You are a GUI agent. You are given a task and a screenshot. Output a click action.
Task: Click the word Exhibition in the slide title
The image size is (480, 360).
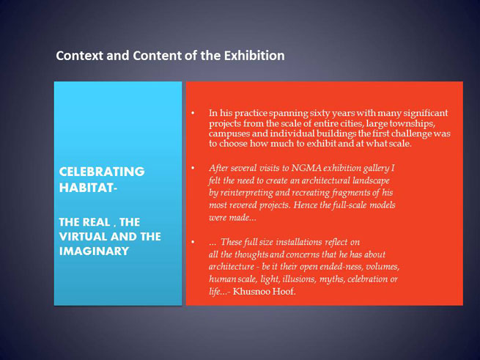click(254, 56)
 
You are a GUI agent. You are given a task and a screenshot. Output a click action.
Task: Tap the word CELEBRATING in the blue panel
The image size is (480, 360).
click(102, 172)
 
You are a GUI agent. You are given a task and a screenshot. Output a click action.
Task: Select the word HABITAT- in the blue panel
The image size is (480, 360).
click(88, 188)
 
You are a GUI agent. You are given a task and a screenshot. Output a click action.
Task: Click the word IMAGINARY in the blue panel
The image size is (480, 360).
click(94, 251)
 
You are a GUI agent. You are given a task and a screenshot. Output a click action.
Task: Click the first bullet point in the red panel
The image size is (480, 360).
click(193, 114)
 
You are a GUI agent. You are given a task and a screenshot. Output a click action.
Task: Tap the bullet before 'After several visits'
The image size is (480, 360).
click(193, 168)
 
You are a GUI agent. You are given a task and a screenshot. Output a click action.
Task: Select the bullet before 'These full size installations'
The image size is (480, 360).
click(193, 242)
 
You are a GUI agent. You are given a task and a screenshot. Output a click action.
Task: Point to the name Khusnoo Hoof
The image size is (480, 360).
click(265, 291)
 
